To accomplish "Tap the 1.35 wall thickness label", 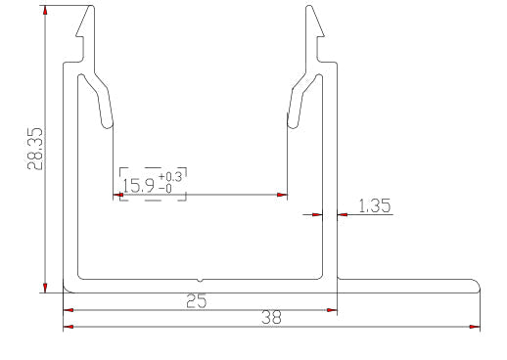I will click(374, 205).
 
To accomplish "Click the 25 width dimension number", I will click(198, 302).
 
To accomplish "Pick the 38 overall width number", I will click(271, 317).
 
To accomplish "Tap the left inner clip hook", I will click(103, 103).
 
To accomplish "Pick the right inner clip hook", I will click(298, 103).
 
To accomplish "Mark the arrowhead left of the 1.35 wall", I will click(317, 215).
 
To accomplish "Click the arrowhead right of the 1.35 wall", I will click(343, 215).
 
